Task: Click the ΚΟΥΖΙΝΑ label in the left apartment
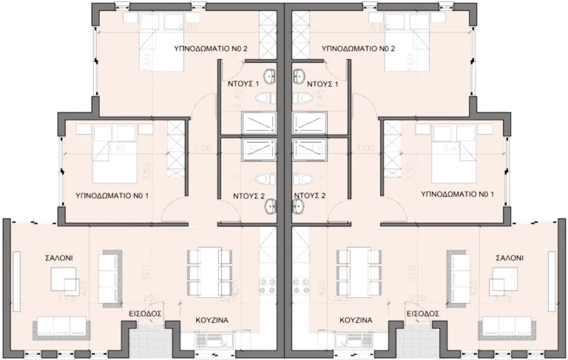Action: (x=210, y=321)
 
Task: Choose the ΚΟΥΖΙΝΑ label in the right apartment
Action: (x=355, y=321)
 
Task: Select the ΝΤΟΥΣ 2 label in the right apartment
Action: (x=310, y=196)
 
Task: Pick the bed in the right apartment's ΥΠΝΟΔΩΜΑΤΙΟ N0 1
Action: (x=452, y=152)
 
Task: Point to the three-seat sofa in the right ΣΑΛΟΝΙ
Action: (x=507, y=327)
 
